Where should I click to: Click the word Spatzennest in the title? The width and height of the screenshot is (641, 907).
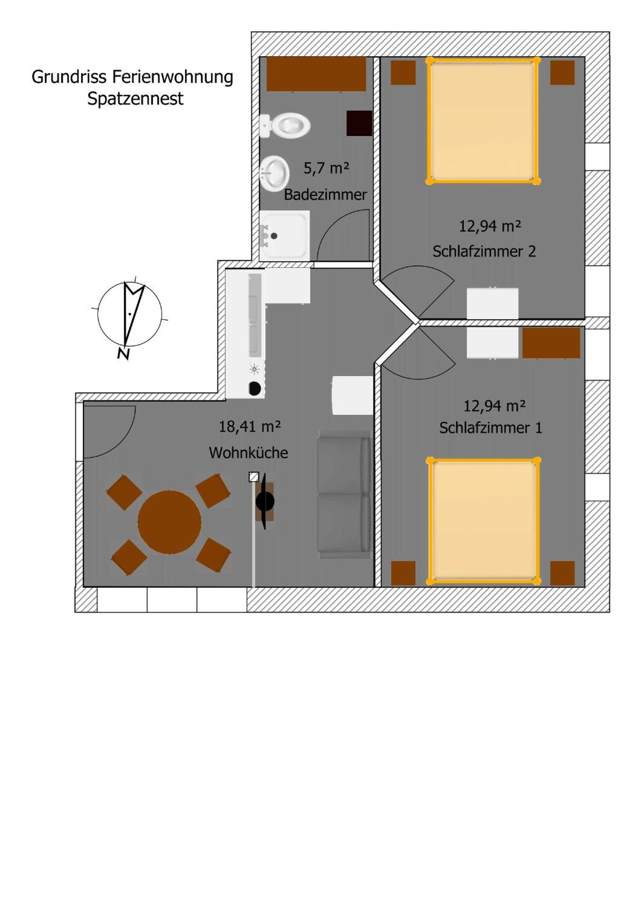click(135, 99)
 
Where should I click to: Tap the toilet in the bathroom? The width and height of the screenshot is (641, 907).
click(285, 126)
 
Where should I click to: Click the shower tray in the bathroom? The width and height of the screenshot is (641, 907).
click(284, 235)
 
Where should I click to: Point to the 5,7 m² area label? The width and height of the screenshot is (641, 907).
click(326, 168)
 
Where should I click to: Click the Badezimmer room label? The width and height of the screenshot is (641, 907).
click(325, 194)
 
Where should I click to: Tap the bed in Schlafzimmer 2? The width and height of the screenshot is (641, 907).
click(483, 121)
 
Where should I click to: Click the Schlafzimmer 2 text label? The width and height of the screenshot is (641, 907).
click(484, 251)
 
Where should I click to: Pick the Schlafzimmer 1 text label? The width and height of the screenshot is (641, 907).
click(491, 428)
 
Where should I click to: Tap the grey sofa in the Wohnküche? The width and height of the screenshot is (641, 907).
click(344, 494)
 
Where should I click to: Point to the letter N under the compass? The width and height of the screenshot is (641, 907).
click(124, 354)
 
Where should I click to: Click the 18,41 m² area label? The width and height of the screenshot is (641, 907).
click(250, 427)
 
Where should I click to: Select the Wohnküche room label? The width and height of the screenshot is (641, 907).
click(249, 453)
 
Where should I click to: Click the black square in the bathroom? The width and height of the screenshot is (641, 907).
click(359, 123)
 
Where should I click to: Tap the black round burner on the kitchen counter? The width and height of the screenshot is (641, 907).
click(255, 388)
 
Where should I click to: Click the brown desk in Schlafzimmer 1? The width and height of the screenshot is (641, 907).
click(551, 343)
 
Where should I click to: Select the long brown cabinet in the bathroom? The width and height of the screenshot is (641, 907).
click(316, 74)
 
